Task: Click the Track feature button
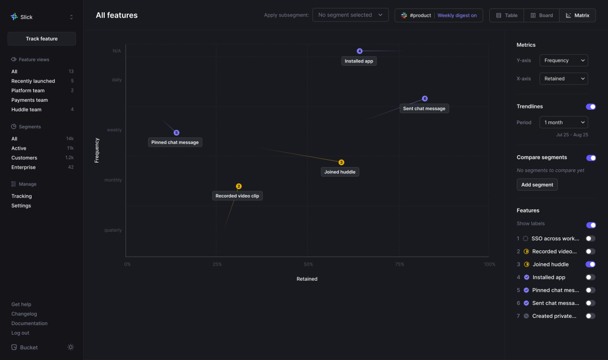coord(42,39)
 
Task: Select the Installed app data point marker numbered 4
coord(360,51)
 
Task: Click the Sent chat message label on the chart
coord(424,109)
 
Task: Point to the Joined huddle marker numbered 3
coord(341,163)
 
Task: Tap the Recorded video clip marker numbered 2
coord(239,186)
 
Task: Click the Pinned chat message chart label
coord(175,142)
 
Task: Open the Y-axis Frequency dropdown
coord(563,60)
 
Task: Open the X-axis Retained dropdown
coord(563,79)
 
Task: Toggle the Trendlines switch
coord(591,106)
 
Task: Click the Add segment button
coord(537,184)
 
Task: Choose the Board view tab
coord(541,15)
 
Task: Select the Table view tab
coord(506,15)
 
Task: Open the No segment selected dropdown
coord(350,15)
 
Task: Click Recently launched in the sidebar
coord(33,81)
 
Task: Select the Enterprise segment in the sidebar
coord(24,167)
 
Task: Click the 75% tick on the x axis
coord(399,264)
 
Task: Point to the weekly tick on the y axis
coord(114,130)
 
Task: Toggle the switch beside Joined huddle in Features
coord(591,264)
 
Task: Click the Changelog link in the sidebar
coord(24,314)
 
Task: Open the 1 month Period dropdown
coord(563,122)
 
